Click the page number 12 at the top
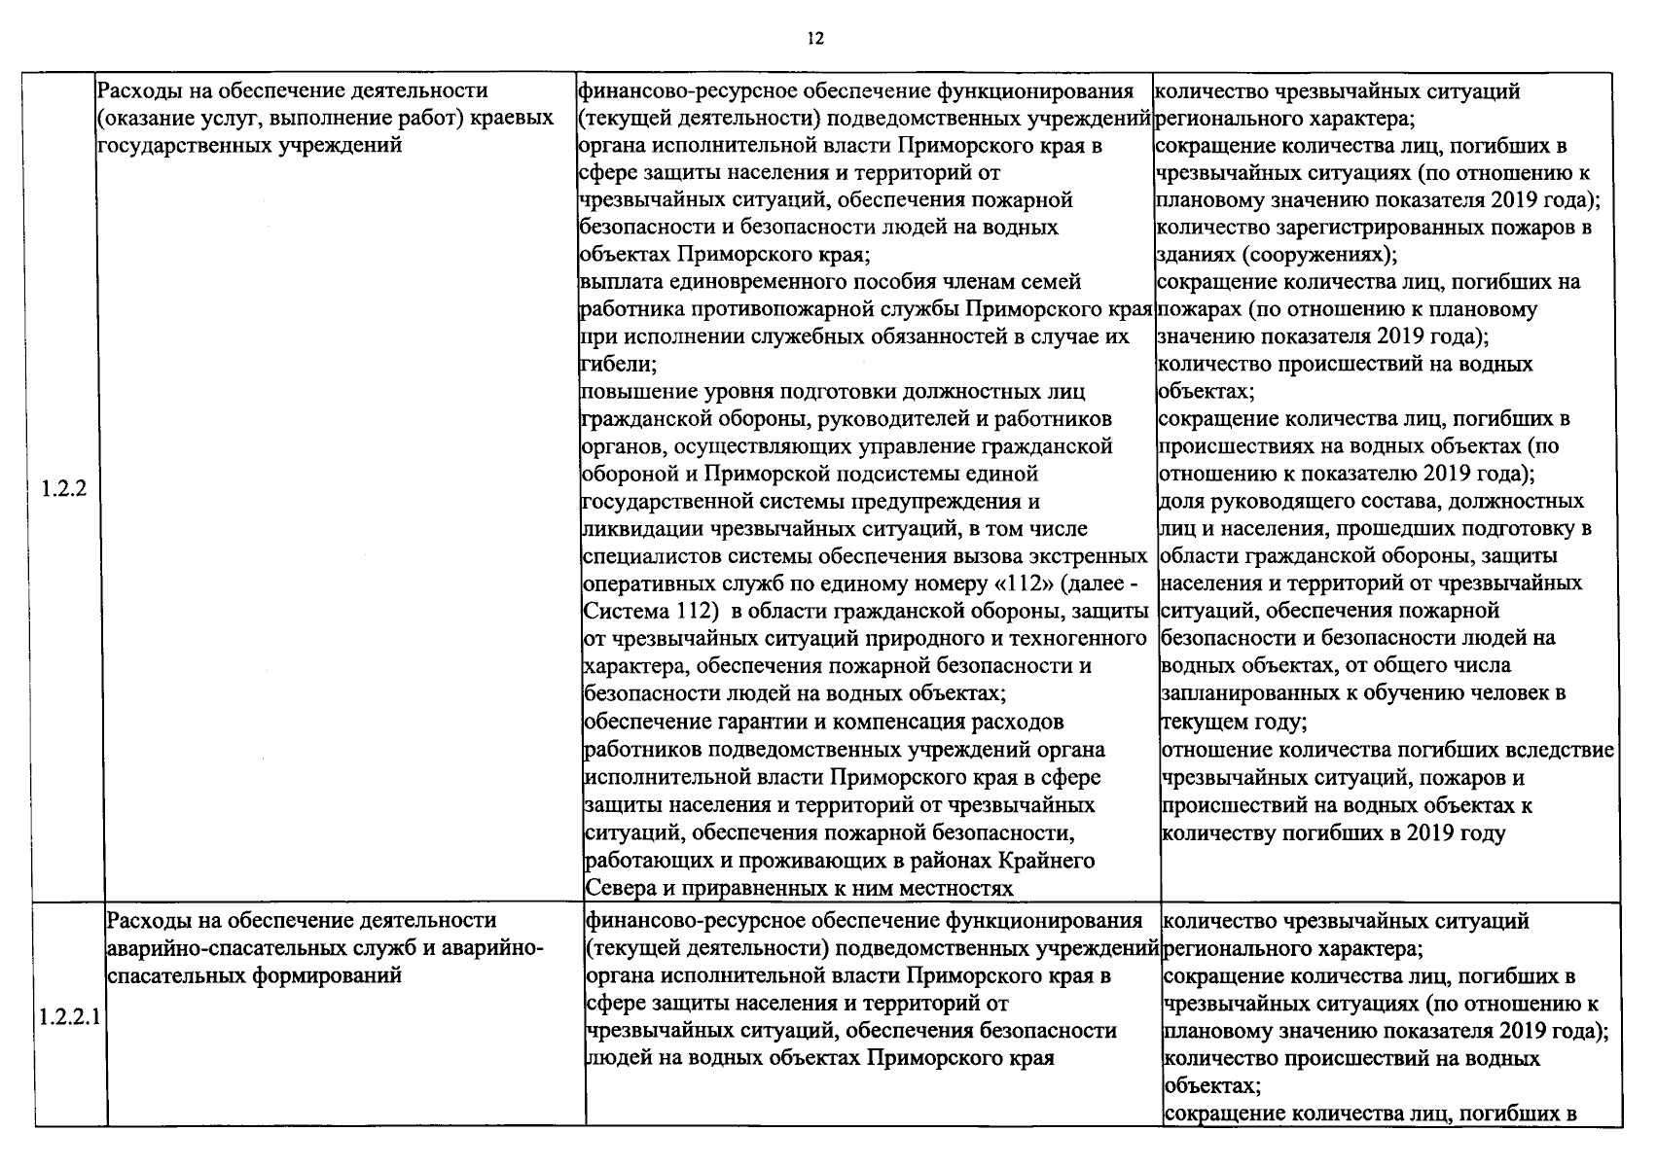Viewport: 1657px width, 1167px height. tap(815, 39)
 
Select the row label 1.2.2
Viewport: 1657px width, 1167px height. tap(64, 488)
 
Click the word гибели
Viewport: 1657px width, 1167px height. tap(615, 365)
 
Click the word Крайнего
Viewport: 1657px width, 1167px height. tap(1048, 861)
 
